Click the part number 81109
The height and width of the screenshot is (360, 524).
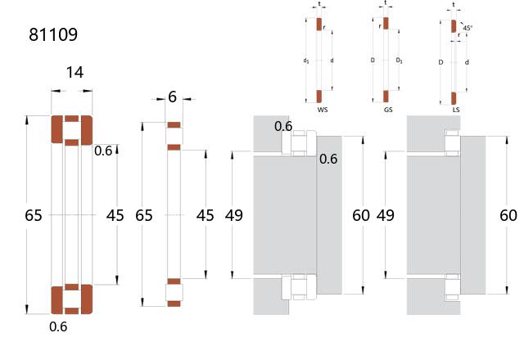point(53,35)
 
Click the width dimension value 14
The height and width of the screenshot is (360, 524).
point(74,73)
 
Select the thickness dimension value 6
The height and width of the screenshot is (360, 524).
point(172,97)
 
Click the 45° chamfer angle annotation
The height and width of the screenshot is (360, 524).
point(468,28)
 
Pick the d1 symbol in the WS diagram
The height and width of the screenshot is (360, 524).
point(305,60)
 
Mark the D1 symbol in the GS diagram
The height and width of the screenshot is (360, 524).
point(399,60)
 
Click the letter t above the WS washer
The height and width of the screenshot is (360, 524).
point(319,3)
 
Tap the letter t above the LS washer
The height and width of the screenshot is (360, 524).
point(454,3)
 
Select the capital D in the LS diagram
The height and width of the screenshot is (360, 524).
point(440,61)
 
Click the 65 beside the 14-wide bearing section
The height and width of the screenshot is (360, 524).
point(34,216)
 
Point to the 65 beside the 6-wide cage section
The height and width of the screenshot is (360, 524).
point(144,216)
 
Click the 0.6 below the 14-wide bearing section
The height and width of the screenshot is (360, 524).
point(58,327)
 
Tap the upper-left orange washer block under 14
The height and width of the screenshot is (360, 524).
point(57,130)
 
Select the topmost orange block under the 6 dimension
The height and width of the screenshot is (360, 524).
point(173,125)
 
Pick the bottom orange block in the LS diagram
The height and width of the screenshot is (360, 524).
point(454,98)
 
